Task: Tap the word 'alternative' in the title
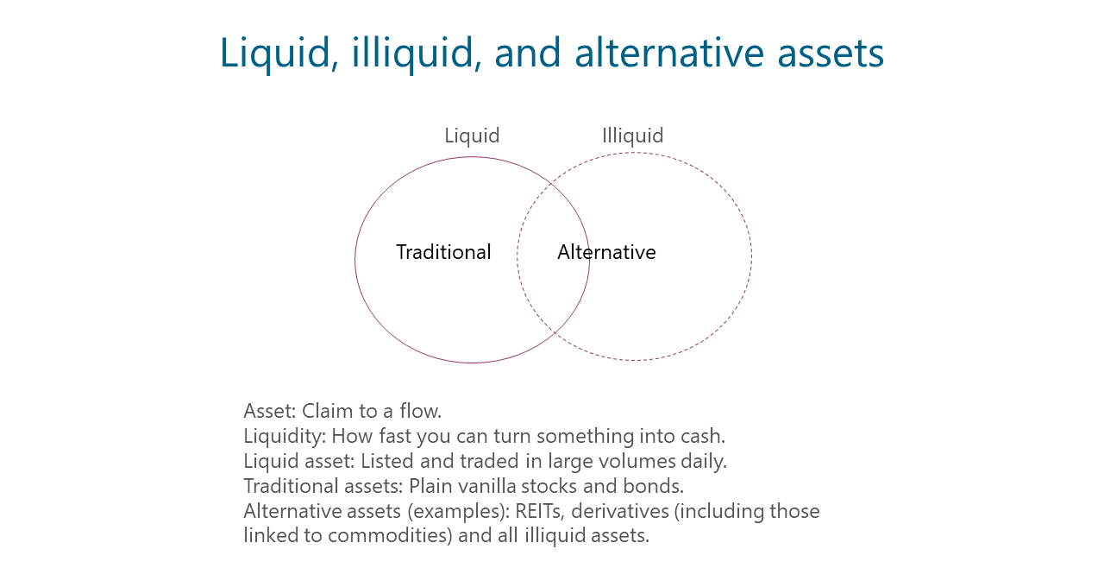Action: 669,53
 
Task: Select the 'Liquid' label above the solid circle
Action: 472,136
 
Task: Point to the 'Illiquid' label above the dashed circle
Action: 633,136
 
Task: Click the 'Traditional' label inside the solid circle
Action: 443,252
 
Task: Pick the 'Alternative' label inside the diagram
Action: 606,252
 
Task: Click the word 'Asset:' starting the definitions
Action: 270,411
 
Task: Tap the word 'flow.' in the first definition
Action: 420,411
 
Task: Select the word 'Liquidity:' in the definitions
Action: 285,436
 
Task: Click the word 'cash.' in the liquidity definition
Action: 703,436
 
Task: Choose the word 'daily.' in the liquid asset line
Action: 704,462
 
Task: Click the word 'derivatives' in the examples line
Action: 620,511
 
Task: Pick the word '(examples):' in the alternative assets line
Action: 458,512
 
